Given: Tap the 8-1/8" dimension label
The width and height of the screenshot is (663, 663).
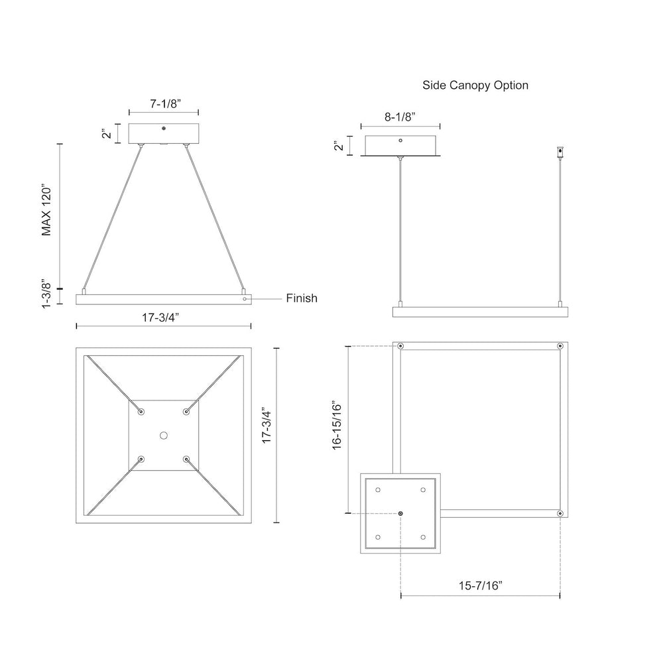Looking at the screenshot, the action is point(400,117).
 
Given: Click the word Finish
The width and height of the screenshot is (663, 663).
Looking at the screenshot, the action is point(302,298).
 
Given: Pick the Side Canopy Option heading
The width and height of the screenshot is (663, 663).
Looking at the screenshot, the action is point(475,86).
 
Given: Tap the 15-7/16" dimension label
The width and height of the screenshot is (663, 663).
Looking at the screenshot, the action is point(481,585).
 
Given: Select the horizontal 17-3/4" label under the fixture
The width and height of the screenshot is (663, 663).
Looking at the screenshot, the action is point(160,317).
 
